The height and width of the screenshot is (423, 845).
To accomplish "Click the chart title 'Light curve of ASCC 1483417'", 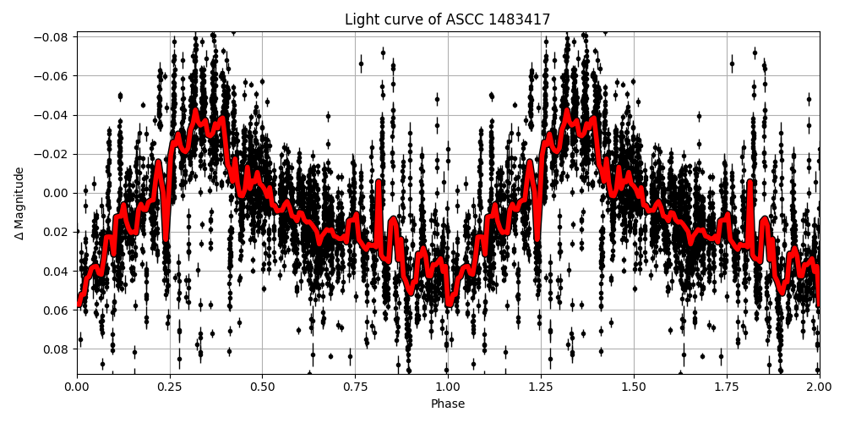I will (447, 19).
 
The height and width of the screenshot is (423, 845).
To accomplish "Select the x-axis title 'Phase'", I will (447, 404).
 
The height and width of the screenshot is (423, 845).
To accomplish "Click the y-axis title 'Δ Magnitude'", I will (19, 203).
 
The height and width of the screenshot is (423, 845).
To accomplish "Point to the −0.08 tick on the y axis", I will (53, 37).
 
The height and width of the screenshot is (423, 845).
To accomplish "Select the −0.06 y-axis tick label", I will (53, 76).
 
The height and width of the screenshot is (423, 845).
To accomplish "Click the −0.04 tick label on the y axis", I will (53, 115).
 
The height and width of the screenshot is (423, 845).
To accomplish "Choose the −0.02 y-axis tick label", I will (53, 154).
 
